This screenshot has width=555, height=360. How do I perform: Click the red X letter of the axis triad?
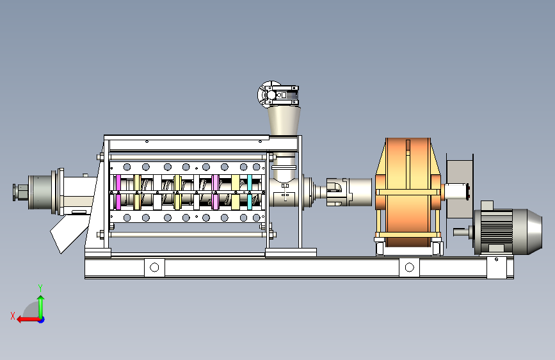13,316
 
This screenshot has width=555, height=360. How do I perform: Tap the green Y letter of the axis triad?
40,288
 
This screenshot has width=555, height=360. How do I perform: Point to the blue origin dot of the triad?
42,320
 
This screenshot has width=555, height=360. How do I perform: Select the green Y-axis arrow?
41,306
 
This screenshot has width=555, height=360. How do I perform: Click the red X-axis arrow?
28,320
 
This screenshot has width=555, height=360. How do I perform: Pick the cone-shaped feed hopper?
284,121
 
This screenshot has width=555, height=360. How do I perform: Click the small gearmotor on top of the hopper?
278,94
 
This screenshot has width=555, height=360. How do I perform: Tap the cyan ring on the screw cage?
250,192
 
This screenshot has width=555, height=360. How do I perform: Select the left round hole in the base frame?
154,268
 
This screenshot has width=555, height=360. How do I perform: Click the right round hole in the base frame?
409,268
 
